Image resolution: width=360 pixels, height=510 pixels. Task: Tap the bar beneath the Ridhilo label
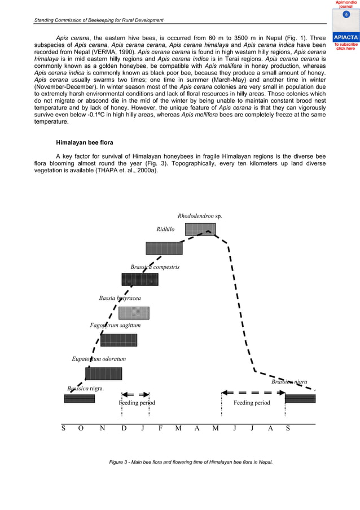164,248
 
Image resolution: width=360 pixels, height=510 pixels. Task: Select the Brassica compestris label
155,267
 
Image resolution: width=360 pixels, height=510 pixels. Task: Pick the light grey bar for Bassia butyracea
134,313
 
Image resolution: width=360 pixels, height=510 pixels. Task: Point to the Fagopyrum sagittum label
115,325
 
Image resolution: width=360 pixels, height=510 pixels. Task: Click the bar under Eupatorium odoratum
103,373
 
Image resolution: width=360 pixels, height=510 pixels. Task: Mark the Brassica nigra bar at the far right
300,399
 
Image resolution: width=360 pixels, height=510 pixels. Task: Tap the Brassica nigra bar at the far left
79,399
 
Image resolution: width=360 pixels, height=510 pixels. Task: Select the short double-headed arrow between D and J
135,394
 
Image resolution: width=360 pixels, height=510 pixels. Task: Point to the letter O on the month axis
81,428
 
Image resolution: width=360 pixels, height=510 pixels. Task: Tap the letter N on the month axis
102,428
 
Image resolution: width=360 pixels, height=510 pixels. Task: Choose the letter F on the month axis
161,428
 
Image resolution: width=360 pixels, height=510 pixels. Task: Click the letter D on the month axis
124,428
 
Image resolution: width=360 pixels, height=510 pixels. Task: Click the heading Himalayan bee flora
84,142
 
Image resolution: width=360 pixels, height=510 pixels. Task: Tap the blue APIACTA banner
345,38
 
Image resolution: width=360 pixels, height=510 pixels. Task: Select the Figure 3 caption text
191,462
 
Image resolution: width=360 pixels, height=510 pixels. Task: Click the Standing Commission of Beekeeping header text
99,20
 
